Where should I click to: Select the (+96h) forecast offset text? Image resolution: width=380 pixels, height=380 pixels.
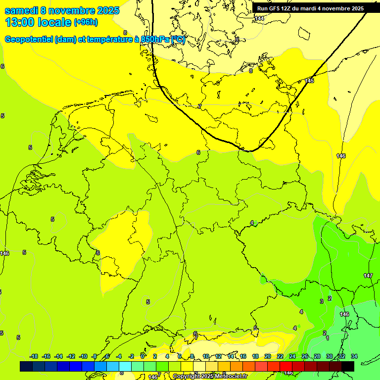click(86, 22)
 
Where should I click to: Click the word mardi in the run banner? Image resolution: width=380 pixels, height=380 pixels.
click(307, 8)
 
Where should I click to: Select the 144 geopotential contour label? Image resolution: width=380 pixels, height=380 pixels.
click(259, 18)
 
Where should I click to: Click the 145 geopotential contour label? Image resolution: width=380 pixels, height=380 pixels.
click(309, 81)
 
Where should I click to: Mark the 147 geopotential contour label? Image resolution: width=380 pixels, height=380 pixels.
click(368, 276)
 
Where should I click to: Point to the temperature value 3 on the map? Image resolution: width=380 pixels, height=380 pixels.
click(322, 301)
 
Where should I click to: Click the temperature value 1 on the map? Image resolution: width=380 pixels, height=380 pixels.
click(328, 338)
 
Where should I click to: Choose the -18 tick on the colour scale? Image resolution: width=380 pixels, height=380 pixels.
click(34, 356)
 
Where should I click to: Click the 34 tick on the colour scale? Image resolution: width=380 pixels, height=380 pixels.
click(354, 356)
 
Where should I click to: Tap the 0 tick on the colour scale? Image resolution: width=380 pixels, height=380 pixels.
click(142, 356)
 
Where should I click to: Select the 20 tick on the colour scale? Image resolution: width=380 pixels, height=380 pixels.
click(267, 356)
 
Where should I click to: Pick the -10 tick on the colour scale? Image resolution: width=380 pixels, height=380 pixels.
click(83, 356)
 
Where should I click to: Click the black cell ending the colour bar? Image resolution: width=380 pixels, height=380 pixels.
click(348, 366)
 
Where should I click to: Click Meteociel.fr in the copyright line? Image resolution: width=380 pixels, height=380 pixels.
click(231, 377)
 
